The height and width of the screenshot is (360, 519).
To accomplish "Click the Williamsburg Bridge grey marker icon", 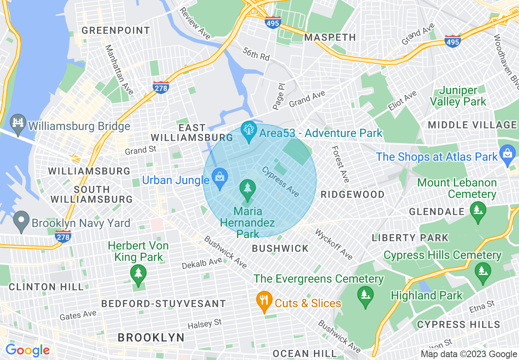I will (18, 124).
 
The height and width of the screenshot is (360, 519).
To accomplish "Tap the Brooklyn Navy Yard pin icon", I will (20, 221).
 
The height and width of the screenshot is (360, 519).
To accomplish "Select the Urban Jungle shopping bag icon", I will (219, 178).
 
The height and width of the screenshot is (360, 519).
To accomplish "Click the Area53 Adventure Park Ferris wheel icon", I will (248, 131).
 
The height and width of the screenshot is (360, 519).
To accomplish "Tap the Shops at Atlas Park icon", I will (508, 155).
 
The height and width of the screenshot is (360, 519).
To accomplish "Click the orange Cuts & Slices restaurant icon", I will (264, 301).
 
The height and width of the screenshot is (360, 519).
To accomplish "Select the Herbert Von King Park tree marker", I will (138, 274).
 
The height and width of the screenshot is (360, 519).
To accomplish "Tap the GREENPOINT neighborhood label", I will (116, 31).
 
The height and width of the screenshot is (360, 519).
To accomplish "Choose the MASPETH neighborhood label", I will (330, 37).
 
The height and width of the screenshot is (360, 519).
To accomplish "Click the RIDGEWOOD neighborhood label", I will (352, 194).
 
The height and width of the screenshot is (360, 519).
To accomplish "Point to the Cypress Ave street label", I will (281, 181).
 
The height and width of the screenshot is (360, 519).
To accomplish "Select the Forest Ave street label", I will (341, 164).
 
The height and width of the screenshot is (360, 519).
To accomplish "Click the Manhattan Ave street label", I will (119, 70).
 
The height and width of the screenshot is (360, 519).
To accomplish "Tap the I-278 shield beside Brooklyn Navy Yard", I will (63, 236).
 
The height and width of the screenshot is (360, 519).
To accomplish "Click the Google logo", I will (27, 350).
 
